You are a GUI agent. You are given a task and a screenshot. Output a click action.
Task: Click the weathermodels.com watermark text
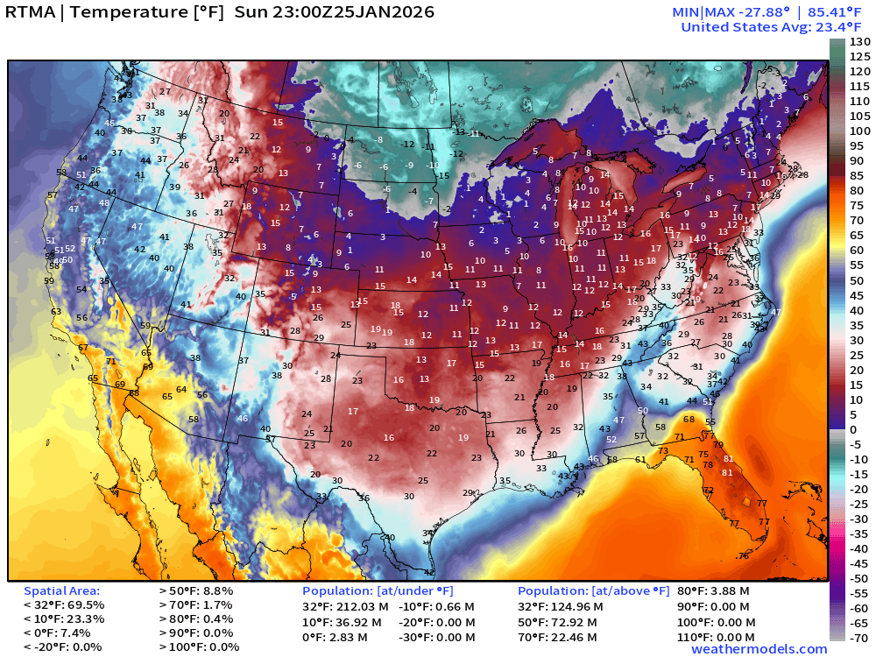click(x=759, y=649)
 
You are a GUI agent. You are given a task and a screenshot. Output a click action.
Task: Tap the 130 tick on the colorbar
click(x=859, y=42)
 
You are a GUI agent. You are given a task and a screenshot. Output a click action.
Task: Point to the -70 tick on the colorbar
click(x=859, y=637)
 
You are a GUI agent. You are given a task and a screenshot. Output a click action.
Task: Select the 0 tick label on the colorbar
click(x=854, y=429)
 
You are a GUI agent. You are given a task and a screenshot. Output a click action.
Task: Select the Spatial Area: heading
click(x=61, y=591)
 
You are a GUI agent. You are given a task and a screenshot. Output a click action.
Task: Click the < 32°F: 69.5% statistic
click(x=64, y=605)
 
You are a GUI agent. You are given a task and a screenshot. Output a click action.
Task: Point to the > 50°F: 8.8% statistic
click(x=196, y=591)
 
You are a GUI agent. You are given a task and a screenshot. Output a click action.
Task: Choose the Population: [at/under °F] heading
click(x=378, y=591)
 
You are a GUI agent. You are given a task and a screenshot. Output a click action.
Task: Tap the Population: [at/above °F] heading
click(x=594, y=591)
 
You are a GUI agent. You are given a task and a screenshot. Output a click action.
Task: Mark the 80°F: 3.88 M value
click(x=713, y=591)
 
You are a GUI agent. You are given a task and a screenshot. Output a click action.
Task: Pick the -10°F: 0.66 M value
click(x=437, y=605)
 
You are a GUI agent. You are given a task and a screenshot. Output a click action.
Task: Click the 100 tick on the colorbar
click(x=859, y=131)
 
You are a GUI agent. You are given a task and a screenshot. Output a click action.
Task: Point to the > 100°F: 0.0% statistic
click(x=199, y=647)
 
